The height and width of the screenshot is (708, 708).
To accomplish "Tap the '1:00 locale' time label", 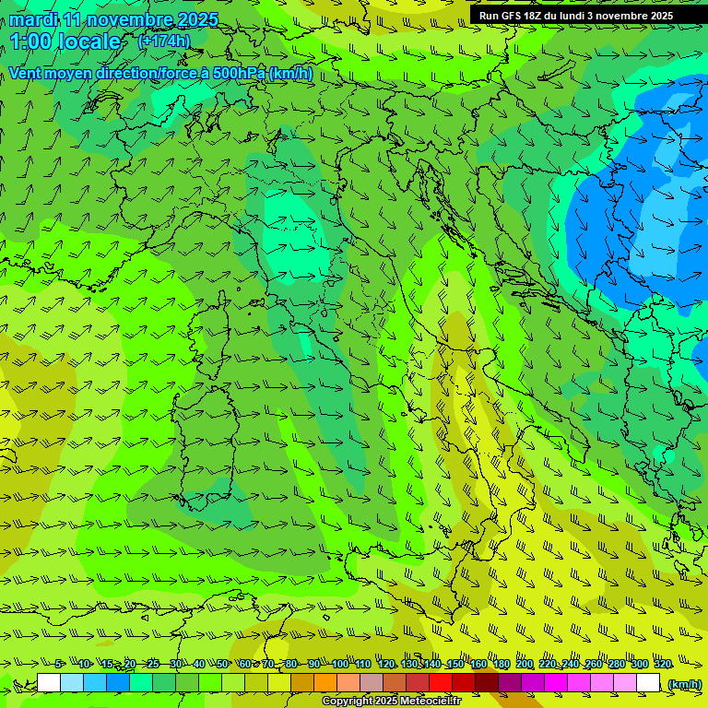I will coord(65,41).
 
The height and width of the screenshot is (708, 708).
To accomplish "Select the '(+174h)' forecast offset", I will coord(163,41).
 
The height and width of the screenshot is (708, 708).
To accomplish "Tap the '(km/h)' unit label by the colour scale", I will coord(684,683).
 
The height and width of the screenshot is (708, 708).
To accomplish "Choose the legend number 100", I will coord(339,665).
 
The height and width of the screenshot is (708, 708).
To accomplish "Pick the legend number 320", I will coord(662,665).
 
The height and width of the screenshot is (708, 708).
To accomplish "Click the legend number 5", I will coord(59,665).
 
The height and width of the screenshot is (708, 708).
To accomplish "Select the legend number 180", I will coord(501,665).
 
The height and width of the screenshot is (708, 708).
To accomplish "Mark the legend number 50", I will coord(222,665).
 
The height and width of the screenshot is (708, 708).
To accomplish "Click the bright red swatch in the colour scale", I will coord(441,683).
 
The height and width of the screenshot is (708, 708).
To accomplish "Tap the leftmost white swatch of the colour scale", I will coord(49,683).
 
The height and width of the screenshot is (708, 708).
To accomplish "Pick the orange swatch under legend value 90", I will coord(325,683).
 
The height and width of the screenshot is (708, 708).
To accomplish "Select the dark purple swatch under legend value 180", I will coord(510,683).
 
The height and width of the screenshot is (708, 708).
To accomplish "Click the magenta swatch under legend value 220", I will coord(556,683).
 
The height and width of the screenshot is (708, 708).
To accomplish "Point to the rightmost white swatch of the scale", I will coord(648,683).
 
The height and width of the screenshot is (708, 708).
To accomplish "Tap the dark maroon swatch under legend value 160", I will coord(487,683).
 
